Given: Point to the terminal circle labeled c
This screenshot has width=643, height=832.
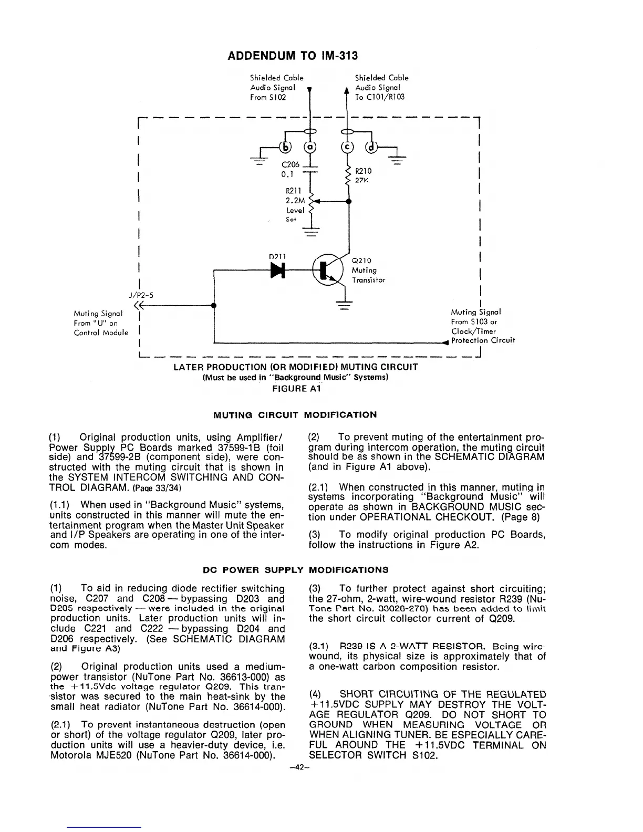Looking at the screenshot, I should pyautogui.click(x=347, y=147).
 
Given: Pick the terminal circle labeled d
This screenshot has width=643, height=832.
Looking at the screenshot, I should pyautogui.click(x=372, y=147).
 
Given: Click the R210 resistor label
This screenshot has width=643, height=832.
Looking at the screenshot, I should pyautogui.click(x=364, y=171).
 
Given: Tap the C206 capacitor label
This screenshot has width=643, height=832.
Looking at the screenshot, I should pyautogui.click(x=291, y=165).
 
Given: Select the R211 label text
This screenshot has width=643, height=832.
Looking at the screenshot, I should pyautogui.click(x=292, y=191).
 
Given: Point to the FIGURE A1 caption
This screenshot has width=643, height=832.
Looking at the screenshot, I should pyautogui.click(x=296, y=389).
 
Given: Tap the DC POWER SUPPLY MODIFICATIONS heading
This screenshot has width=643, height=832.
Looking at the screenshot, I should pyautogui.click(x=296, y=569).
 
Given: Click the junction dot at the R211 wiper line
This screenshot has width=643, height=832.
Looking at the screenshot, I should pyautogui.click(x=349, y=201).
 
